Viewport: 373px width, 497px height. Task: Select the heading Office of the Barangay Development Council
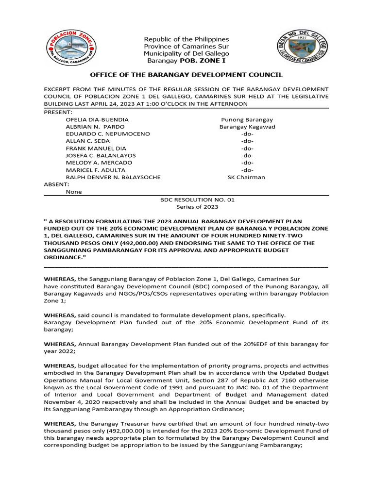coord(186,75)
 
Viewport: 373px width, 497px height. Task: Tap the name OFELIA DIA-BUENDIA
coord(97,119)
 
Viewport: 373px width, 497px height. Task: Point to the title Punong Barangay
coord(247,119)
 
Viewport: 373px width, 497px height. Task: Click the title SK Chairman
coord(247,177)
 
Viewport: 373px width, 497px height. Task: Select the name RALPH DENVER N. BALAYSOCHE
coord(113,177)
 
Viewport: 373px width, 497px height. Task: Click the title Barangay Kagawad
coord(247,127)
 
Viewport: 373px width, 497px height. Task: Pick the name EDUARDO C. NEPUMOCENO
coord(108,134)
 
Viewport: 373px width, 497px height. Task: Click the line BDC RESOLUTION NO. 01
coord(187,199)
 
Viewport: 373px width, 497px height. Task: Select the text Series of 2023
coord(187,207)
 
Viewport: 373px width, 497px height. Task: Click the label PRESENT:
coord(58,112)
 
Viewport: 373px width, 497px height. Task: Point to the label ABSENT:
coord(56,184)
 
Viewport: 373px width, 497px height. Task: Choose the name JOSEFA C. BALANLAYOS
coord(101,155)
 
